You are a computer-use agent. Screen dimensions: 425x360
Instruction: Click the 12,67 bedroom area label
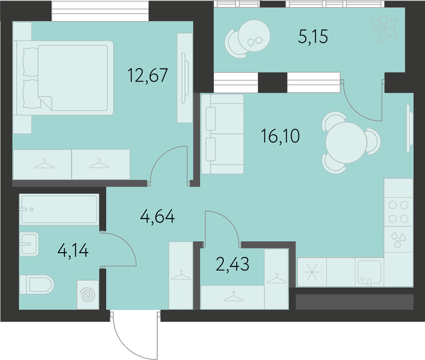[x=148, y=75]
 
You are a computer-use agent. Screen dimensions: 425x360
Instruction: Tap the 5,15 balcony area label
[x=313, y=37]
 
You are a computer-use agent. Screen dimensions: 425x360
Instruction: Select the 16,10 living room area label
[x=280, y=136]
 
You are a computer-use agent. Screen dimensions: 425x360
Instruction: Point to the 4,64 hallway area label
[x=157, y=217]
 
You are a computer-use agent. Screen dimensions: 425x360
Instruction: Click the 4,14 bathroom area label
[x=73, y=250]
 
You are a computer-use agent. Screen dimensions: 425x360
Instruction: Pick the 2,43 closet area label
[x=233, y=264]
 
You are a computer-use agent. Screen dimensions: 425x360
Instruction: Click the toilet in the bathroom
[x=37, y=285]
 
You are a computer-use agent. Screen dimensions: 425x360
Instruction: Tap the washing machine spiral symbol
[x=88, y=295]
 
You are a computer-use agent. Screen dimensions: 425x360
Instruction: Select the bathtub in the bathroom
[x=59, y=209]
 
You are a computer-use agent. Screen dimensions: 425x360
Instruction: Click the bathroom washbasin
[x=29, y=244]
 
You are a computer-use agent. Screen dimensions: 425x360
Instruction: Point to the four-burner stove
[x=398, y=212]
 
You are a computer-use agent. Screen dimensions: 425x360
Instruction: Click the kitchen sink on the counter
[x=369, y=272]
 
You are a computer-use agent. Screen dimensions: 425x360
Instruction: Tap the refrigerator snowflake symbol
[x=312, y=272]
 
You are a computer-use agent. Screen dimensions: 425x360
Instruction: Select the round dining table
[x=346, y=143]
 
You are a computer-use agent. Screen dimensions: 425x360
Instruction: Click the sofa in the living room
[x=222, y=134]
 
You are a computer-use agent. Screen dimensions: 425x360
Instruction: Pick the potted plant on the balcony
[x=384, y=28]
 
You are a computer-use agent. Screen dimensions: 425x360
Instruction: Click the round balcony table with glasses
[x=254, y=36]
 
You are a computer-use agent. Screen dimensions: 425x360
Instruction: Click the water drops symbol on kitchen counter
[x=398, y=240]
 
